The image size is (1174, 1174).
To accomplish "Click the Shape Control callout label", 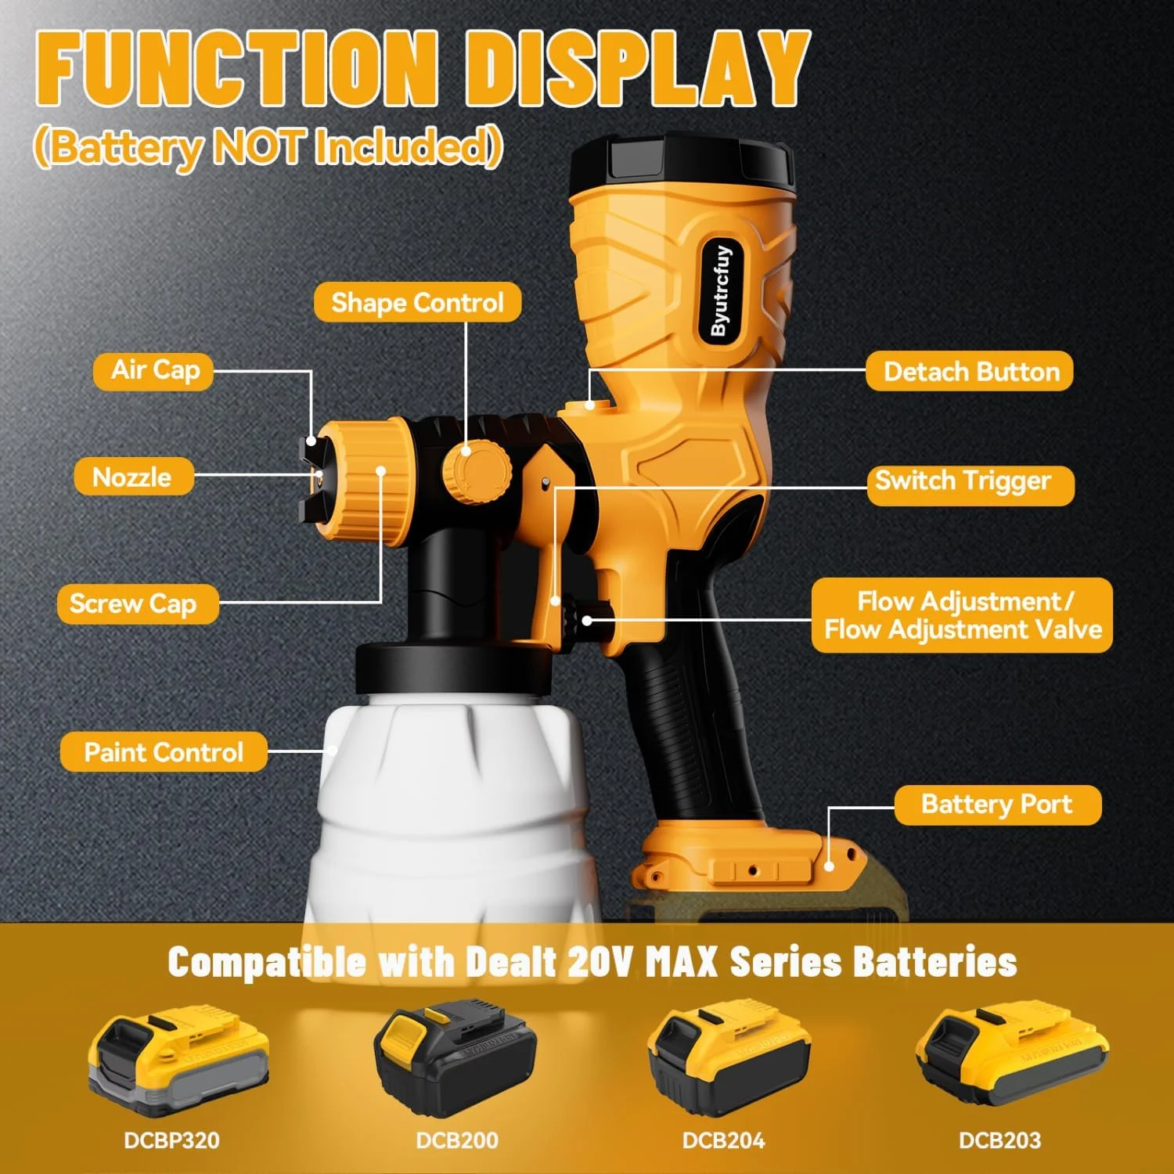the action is coord(417,302).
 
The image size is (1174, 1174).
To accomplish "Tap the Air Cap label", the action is coord(153,370).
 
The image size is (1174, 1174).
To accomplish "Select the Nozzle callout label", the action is coord(133,477).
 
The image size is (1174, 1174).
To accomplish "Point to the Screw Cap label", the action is coord(138,604).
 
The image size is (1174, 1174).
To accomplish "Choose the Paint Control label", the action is coord(164,752).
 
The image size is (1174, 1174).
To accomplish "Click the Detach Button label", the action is coord(970,371).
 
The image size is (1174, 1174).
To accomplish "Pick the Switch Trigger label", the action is coord(971,481).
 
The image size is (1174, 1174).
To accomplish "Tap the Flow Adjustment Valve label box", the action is coord(962,615).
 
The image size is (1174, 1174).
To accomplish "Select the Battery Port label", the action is coord(998,805).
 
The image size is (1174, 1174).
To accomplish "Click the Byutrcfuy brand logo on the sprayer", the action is coord(721,290).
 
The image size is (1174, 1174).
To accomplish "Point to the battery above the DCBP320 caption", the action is coord(178,1061).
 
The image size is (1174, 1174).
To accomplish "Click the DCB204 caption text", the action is coord(722,1140).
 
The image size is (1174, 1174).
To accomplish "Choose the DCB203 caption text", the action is coord(999,1140).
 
